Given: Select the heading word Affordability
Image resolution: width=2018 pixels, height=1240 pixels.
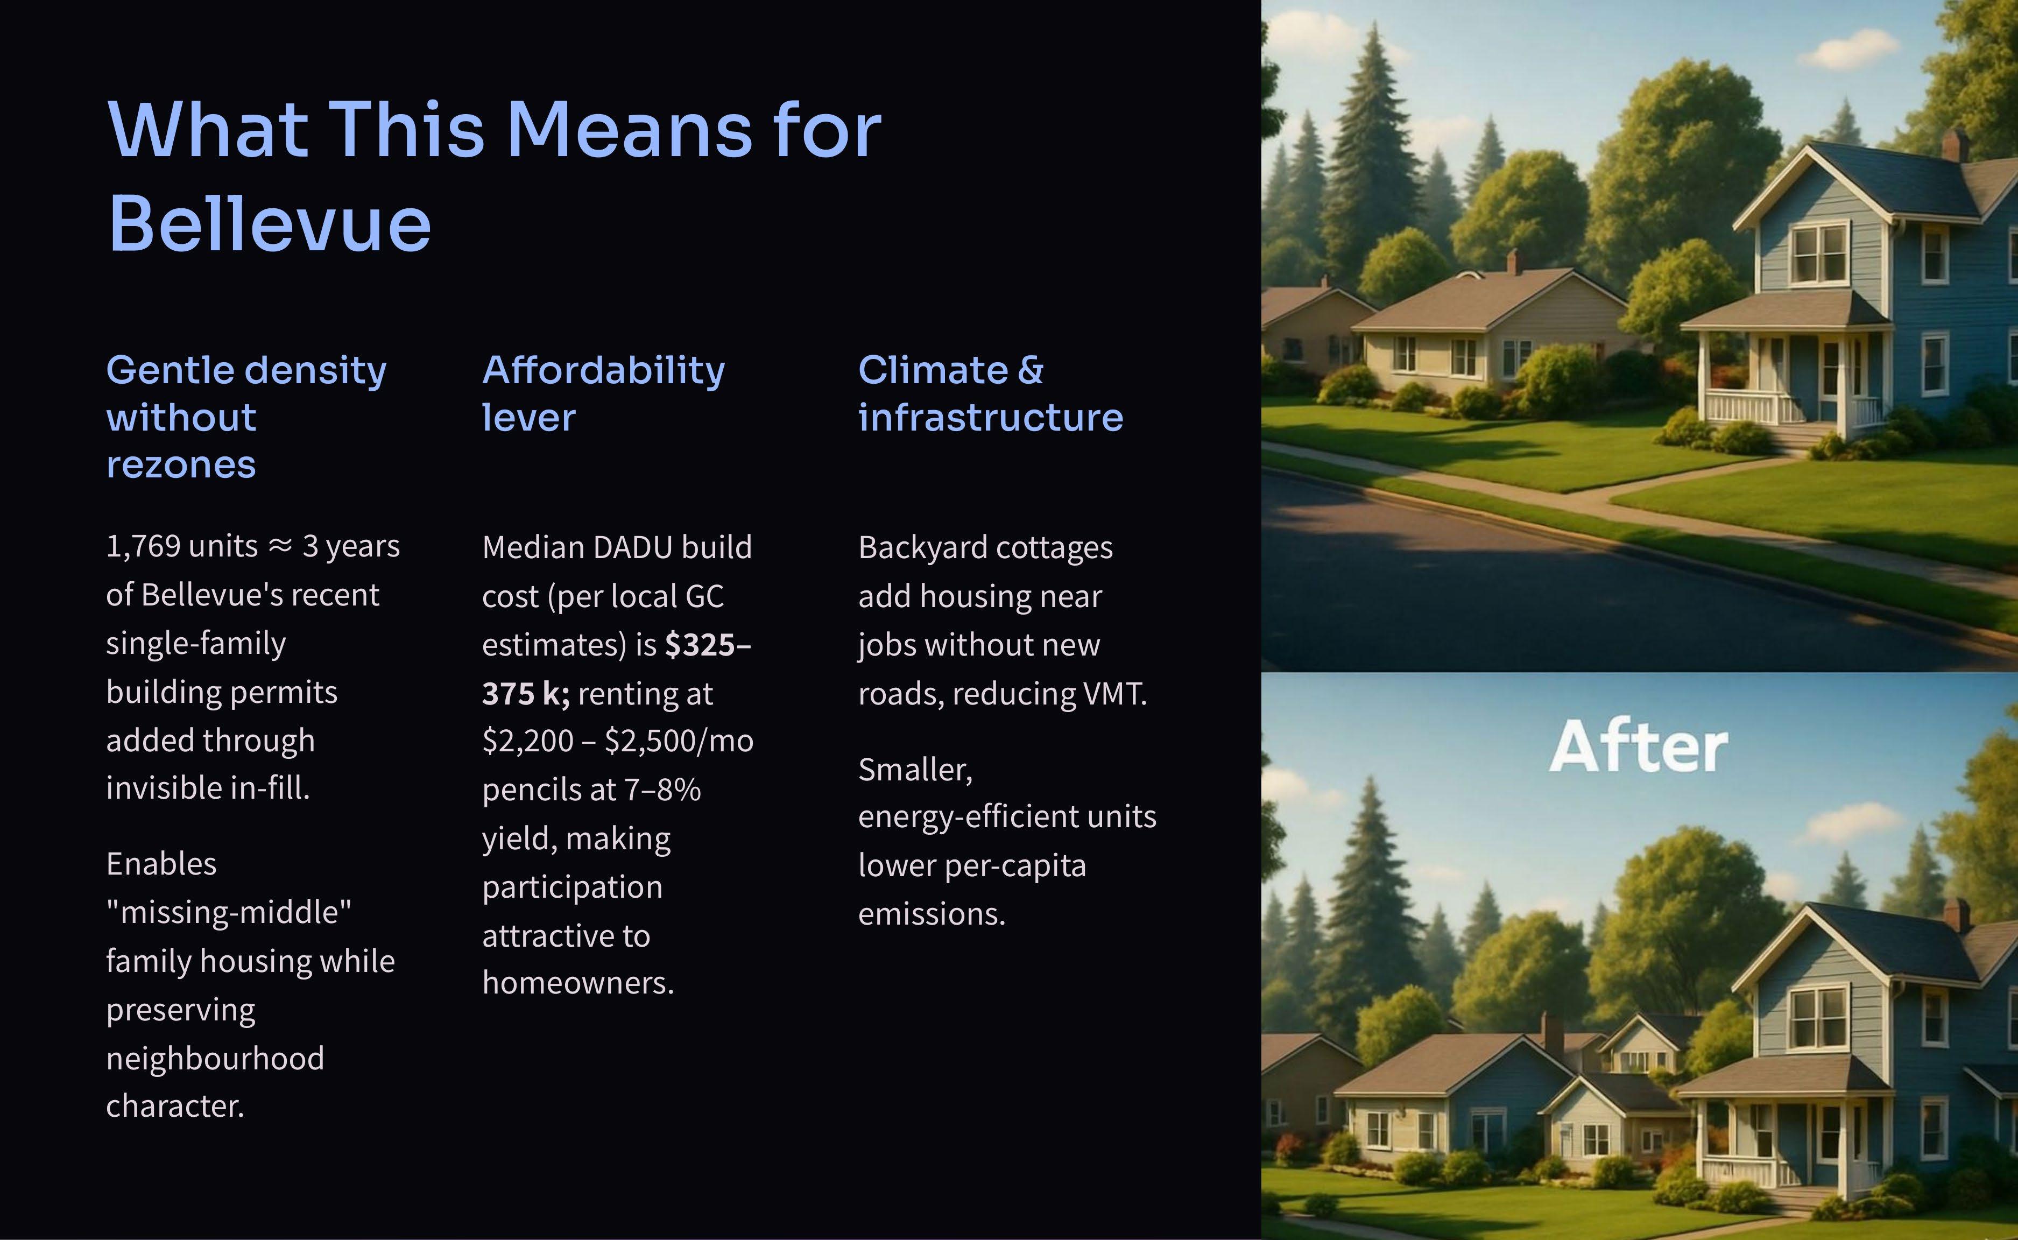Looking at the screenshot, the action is [603, 371].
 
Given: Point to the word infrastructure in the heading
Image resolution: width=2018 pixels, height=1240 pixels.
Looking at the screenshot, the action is [991, 418].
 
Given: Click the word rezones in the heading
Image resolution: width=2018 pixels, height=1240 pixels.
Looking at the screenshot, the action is [181, 465].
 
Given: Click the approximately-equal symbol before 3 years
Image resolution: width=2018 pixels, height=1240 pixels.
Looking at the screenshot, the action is [280, 546].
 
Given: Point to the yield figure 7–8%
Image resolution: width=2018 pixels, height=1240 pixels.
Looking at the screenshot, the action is [662, 790].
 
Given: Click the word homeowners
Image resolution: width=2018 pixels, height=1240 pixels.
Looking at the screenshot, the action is [578, 983].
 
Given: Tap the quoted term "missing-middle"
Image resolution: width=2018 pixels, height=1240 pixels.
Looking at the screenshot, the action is [229, 912].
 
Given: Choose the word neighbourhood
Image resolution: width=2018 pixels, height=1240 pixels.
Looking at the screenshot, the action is [215, 1058].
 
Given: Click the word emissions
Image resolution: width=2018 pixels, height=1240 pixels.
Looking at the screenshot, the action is [932, 914].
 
